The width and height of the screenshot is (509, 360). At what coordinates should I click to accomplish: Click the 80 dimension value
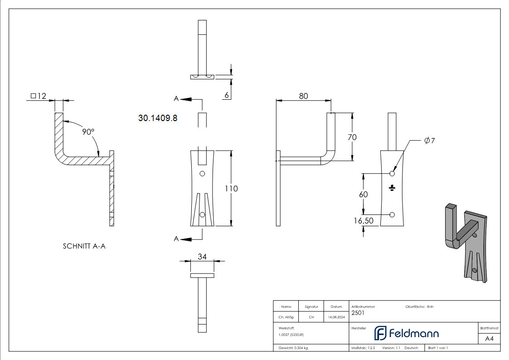[x=303, y=96]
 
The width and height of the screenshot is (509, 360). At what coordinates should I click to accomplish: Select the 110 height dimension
[x=231, y=189]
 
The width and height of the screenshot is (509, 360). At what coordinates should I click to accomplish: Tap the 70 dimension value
[x=352, y=137]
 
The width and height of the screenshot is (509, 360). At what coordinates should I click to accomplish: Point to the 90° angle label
[x=88, y=132]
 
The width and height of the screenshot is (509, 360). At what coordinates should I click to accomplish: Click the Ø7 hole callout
[x=429, y=141]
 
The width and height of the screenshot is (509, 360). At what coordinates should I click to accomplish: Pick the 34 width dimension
[x=202, y=257]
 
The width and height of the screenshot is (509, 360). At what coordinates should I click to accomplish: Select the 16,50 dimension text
[x=363, y=221]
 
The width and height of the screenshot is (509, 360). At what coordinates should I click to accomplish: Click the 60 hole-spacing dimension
[x=363, y=194]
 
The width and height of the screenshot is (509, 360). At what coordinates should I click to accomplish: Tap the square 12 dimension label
[x=39, y=96]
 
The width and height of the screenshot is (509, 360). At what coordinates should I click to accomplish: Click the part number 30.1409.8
[x=158, y=118]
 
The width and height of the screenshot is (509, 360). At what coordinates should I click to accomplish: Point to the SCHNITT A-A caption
[x=84, y=246]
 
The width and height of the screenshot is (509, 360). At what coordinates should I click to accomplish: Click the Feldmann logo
[x=406, y=333]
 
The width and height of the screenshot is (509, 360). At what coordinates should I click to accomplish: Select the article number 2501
[x=358, y=312]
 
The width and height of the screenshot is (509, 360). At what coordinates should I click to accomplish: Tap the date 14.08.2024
[x=336, y=317]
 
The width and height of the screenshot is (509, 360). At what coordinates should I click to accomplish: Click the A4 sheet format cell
[x=489, y=339]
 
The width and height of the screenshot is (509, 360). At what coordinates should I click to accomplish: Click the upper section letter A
[x=176, y=98]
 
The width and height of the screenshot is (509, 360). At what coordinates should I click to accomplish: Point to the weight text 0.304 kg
[x=294, y=348]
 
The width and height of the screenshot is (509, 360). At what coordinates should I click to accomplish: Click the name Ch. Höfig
[x=286, y=317]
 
